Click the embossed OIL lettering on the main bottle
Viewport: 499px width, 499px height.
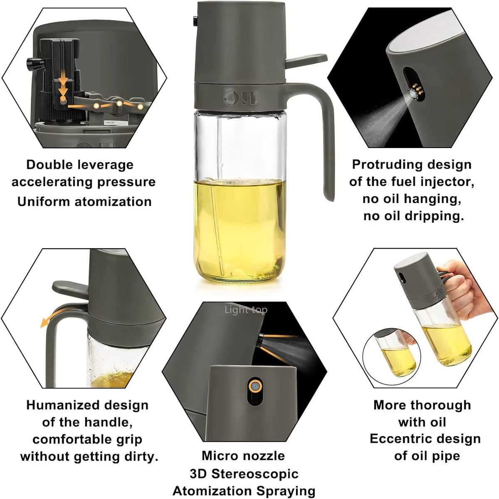point(241,99)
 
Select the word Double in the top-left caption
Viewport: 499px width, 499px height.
point(47,165)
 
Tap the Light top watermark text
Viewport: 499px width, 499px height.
point(246,310)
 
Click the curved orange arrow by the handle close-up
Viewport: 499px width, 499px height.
point(48,320)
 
